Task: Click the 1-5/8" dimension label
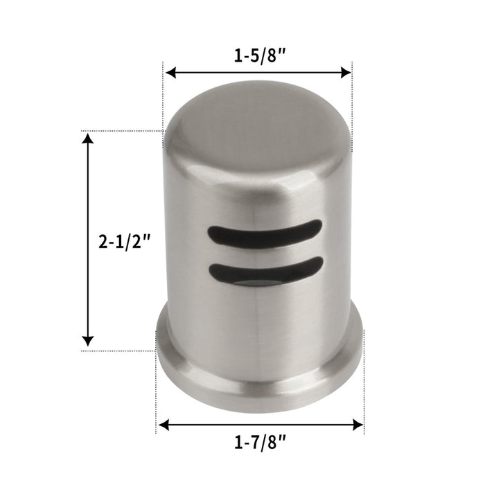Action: tap(257, 55)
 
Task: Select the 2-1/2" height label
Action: tap(125, 242)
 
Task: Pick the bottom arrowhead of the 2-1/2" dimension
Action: tap(87, 339)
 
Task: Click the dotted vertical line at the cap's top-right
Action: tap(353, 104)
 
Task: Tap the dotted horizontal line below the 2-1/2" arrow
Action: tap(118, 351)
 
